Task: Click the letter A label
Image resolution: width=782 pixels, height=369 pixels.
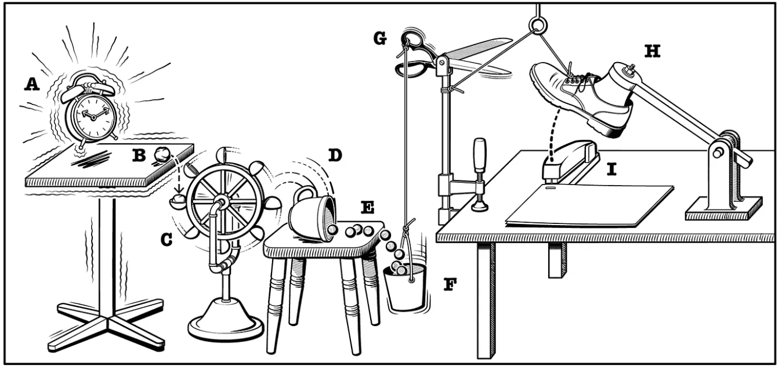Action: [x=31, y=85]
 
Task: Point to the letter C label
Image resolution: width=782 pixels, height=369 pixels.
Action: [x=166, y=239]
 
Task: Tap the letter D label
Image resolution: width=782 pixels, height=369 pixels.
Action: [x=335, y=155]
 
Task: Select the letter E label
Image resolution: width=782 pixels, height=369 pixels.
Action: [x=367, y=207]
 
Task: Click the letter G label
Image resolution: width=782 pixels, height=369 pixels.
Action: [x=380, y=39]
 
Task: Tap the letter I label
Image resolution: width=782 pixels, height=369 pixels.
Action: [x=611, y=171]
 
